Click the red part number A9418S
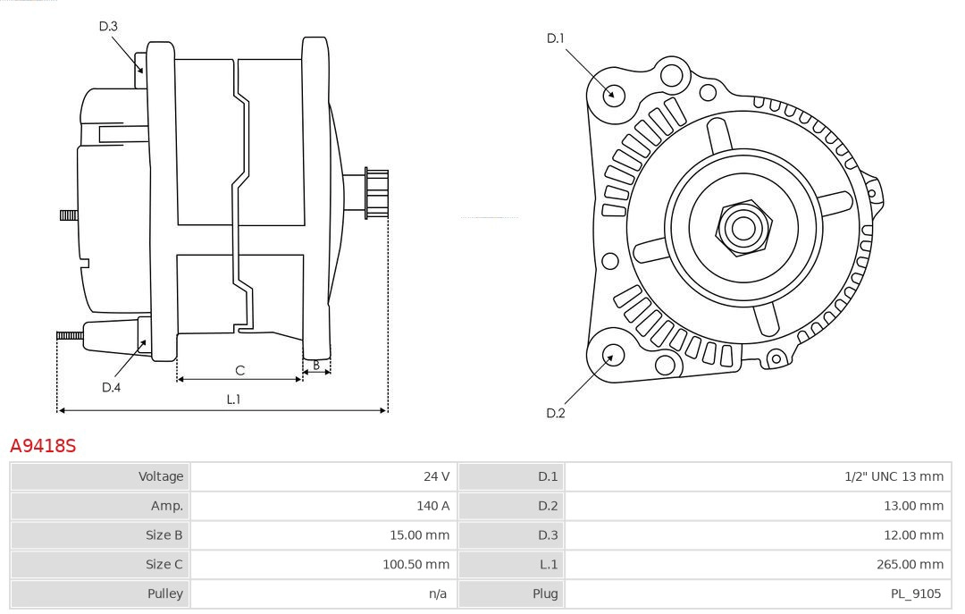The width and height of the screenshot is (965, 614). point(43,445)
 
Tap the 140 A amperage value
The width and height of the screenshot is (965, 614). point(432,506)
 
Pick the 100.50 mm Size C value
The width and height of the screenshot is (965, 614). point(415,564)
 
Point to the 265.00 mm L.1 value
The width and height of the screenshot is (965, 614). point(910,564)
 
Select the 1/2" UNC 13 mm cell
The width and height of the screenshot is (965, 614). point(894,476)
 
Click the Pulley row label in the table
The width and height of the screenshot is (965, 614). point(164,593)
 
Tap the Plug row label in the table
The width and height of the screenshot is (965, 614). point(545,593)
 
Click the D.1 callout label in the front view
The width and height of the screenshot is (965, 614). point(556,38)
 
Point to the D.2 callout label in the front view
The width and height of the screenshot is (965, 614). point(556,413)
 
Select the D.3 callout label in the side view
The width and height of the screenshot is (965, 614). point(108,26)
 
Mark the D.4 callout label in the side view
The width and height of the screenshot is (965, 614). point(111,387)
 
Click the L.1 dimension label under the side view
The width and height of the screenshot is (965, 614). point(233,400)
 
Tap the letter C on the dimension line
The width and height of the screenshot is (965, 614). point(239,370)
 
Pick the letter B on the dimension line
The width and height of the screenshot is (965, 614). point(316,365)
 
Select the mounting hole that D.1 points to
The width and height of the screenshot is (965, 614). point(614,94)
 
